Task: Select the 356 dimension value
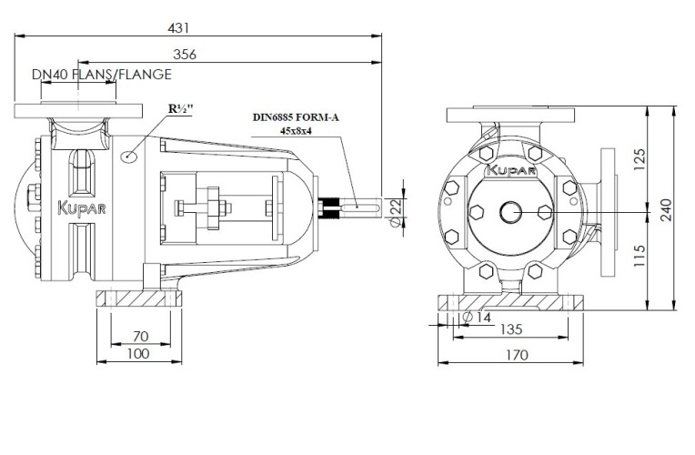coord(185,55)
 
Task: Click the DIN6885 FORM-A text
coord(296,117)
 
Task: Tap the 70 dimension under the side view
coord(139,335)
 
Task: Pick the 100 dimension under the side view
coord(139,353)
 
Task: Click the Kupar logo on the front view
coord(512,169)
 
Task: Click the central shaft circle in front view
coord(510,212)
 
